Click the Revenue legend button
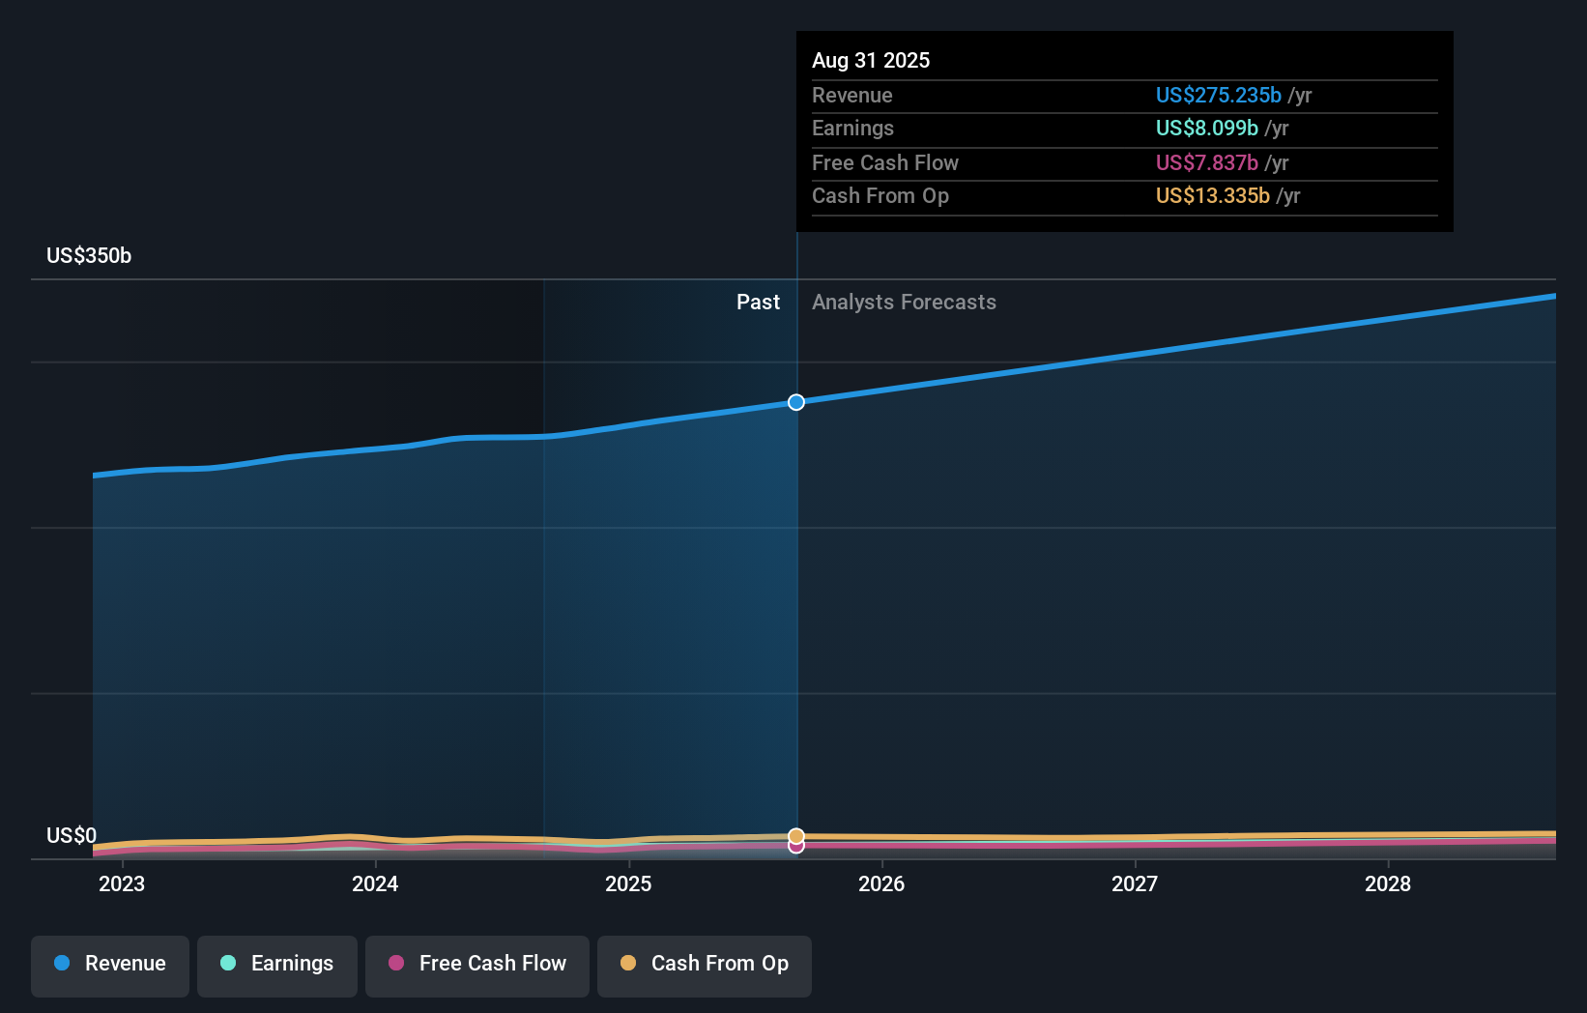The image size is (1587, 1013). point(110,965)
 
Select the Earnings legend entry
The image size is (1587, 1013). point(277,965)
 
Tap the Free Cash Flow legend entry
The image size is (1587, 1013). point(477,965)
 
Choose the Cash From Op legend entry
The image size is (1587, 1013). point(705,965)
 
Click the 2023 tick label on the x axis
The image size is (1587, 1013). point(122,884)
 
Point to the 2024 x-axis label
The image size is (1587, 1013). point(375,884)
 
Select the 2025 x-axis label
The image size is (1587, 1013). point(628,884)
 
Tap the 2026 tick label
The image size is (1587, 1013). point(881,884)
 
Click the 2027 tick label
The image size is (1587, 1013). point(1135,884)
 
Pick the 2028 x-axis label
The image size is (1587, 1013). point(1388,884)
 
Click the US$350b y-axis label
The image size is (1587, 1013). point(89,256)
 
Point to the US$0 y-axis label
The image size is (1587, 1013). point(72,836)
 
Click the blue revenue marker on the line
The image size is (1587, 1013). point(796,402)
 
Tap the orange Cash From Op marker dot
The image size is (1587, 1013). point(796,836)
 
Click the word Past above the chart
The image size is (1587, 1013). point(758,303)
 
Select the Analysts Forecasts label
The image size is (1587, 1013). point(904,303)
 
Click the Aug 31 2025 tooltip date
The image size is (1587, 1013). point(871,61)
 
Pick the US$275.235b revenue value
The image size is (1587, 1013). point(1218,96)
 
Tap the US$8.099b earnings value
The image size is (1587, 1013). point(1206,129)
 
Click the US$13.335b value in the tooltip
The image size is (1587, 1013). point(1212,196)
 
